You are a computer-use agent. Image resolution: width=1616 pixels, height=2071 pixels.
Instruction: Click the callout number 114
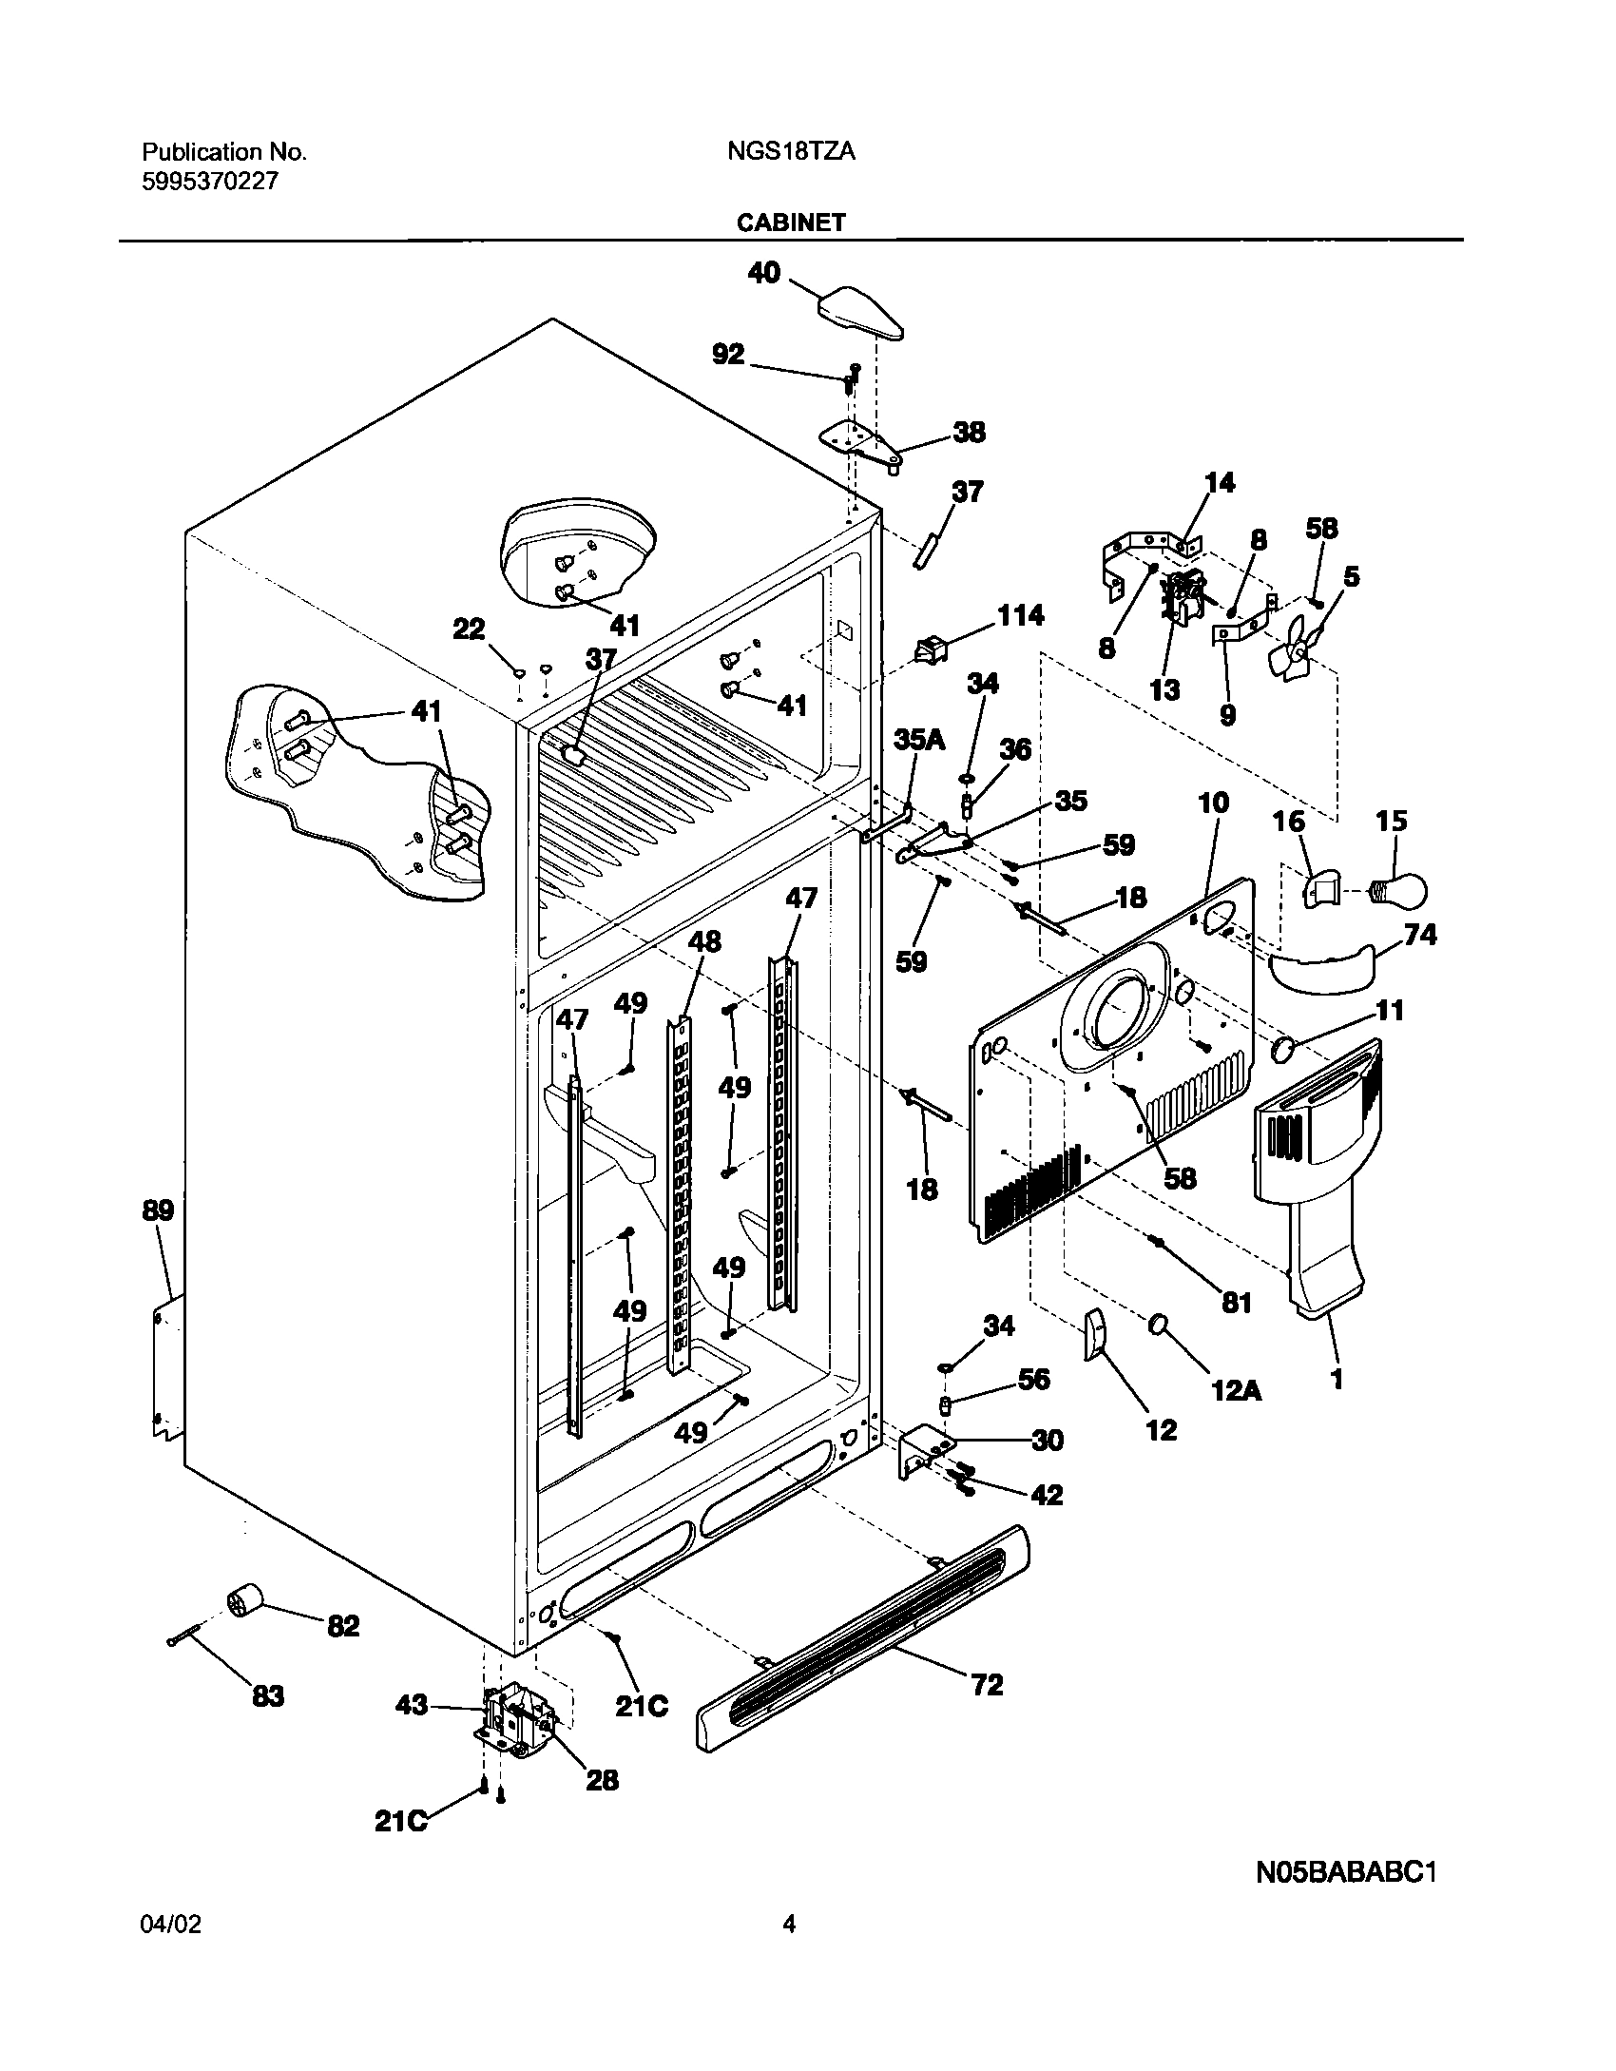click(1020, 615)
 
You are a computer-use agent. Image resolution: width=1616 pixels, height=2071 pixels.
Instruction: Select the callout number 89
click(158, 1210)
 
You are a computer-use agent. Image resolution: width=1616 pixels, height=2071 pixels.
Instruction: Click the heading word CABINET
click(789, 223)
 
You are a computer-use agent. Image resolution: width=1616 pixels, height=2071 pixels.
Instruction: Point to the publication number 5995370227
click(210, 181)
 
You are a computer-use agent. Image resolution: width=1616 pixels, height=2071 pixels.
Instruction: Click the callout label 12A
click(1236, 1391)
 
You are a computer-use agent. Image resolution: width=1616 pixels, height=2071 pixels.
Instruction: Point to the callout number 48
click(704, 941)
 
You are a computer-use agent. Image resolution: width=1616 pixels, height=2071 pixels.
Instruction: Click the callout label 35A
click(918, 740)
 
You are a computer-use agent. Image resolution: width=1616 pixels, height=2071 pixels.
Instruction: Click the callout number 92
click(728, 355)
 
